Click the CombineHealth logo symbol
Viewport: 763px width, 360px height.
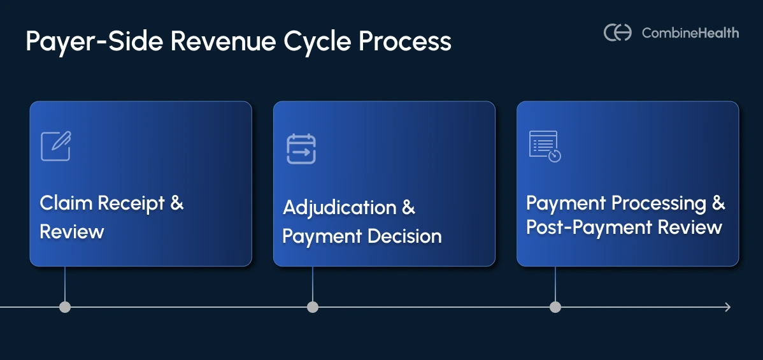(617, 32)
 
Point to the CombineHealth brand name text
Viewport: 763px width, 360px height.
(690, 32)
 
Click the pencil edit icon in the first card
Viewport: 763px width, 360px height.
(55, 146)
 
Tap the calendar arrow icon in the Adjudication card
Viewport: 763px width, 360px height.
(301, 148)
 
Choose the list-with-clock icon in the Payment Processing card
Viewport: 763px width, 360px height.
(545, 147)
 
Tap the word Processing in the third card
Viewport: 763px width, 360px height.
(659, 204)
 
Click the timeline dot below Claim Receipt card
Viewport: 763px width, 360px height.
(65, 307)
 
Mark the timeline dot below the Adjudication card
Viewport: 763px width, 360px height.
(313, 307)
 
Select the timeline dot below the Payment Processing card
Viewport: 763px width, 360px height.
(555, 307)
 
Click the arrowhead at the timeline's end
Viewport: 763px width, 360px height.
(727, 307)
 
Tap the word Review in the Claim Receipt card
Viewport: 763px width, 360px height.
(71, 231)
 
